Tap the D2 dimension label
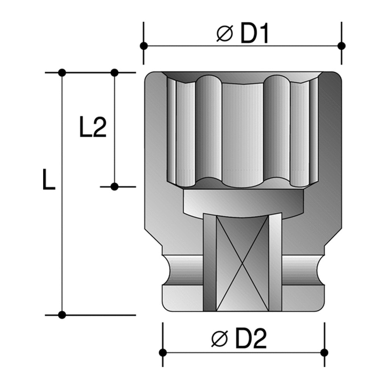coord(251,339)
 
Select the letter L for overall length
coord(49,180)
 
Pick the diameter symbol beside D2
coord(219,340)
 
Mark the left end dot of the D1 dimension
coord(144,46)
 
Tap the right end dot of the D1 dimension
coord(342,46)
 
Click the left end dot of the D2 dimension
coord(163,352)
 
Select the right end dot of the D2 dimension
coord(324,352)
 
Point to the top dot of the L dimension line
coord(61,72)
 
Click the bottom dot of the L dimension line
coord(61,315)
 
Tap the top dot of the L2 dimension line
coord(114,72)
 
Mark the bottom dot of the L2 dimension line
coord(114,187)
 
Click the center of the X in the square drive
coord(242,263)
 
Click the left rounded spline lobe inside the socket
coord(208,128)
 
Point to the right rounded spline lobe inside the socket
coord(277,128)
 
